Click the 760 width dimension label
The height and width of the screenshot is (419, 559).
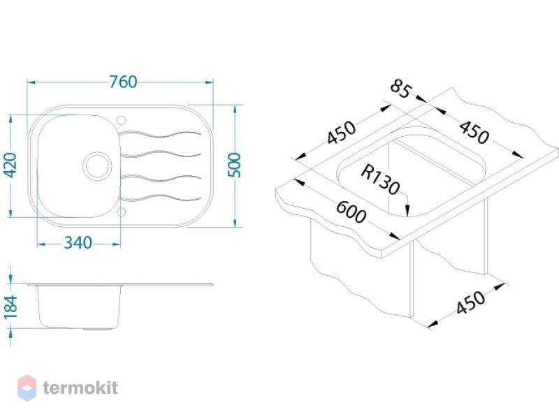tap(123, 82)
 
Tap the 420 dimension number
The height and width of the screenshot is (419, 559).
tap(10, 166)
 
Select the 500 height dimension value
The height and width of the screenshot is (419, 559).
tap(234, 165)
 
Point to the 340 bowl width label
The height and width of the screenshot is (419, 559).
tap(78, 243)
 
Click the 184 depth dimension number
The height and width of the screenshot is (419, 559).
tap(10, 307)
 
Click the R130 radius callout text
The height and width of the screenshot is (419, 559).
tap(380, 180)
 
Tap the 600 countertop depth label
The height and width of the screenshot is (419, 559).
tap(351, 212)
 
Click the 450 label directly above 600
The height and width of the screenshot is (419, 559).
tap(341, 133)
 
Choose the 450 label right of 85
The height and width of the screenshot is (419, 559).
tap(474, 132)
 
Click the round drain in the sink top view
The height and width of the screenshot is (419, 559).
tap(97, 166)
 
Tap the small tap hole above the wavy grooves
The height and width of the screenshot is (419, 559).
tap(121, 120)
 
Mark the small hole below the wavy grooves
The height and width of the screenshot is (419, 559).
tap(121, 212)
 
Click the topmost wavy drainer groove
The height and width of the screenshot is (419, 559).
tap(161, 134)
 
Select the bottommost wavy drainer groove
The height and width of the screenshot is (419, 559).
tap(161, 198)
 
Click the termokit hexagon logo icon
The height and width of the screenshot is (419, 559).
tap(27, 388)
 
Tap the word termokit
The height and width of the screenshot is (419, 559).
tap(80, 388)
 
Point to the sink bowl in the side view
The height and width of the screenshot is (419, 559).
tap(78, 307)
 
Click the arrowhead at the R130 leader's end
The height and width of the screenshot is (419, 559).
tap(407, 210)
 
